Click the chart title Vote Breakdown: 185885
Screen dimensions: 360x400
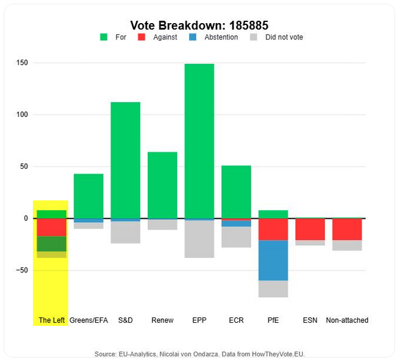(x=199, y=25)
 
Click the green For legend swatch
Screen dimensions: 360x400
(x=104, y=37)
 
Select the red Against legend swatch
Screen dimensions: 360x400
(x=141, y=37)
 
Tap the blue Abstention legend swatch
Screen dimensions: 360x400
(x=193, y=37)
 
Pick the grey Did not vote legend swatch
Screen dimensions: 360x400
(x=254, y=37)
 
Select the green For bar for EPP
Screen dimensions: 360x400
(x=199, y=140)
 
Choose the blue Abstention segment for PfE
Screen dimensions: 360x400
(x=273, y=260)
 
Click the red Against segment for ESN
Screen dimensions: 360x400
(x=310, y=229)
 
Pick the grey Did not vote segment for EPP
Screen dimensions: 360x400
(x=199, y=239)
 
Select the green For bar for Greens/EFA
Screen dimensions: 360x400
(x=88, y=196)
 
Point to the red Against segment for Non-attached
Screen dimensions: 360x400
(x=347, y=229)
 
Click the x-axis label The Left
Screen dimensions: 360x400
(x=51, y=320)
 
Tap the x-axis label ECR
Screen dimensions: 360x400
(x=236, y=320)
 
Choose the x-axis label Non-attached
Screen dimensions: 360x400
(x=347, y=320)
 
